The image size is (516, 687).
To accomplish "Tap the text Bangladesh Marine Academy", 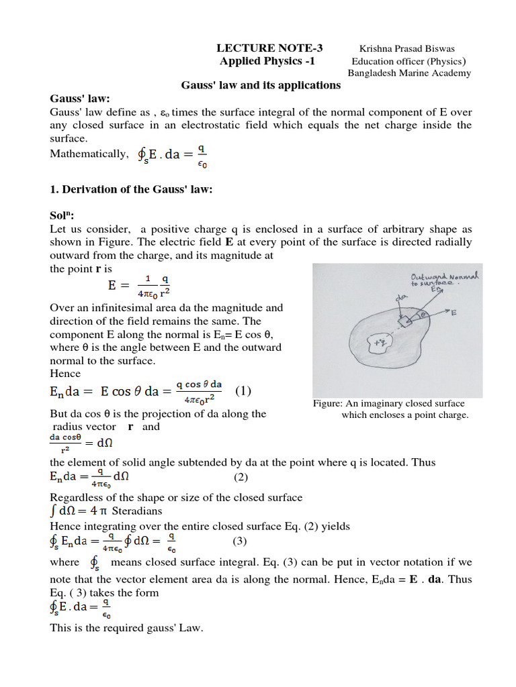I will (408, 72).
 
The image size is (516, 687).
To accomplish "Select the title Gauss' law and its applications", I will (261, 85).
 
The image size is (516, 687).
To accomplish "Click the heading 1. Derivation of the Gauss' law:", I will (131, 189).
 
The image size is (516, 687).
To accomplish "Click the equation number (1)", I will (243, 390).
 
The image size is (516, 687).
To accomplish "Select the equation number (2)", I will (241, 477).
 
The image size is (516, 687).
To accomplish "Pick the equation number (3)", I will (241, 541).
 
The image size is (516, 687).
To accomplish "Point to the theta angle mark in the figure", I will (425, 314).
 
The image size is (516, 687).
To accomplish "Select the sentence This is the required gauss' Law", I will (126, 628).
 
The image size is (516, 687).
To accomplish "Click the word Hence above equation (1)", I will (65, 373).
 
